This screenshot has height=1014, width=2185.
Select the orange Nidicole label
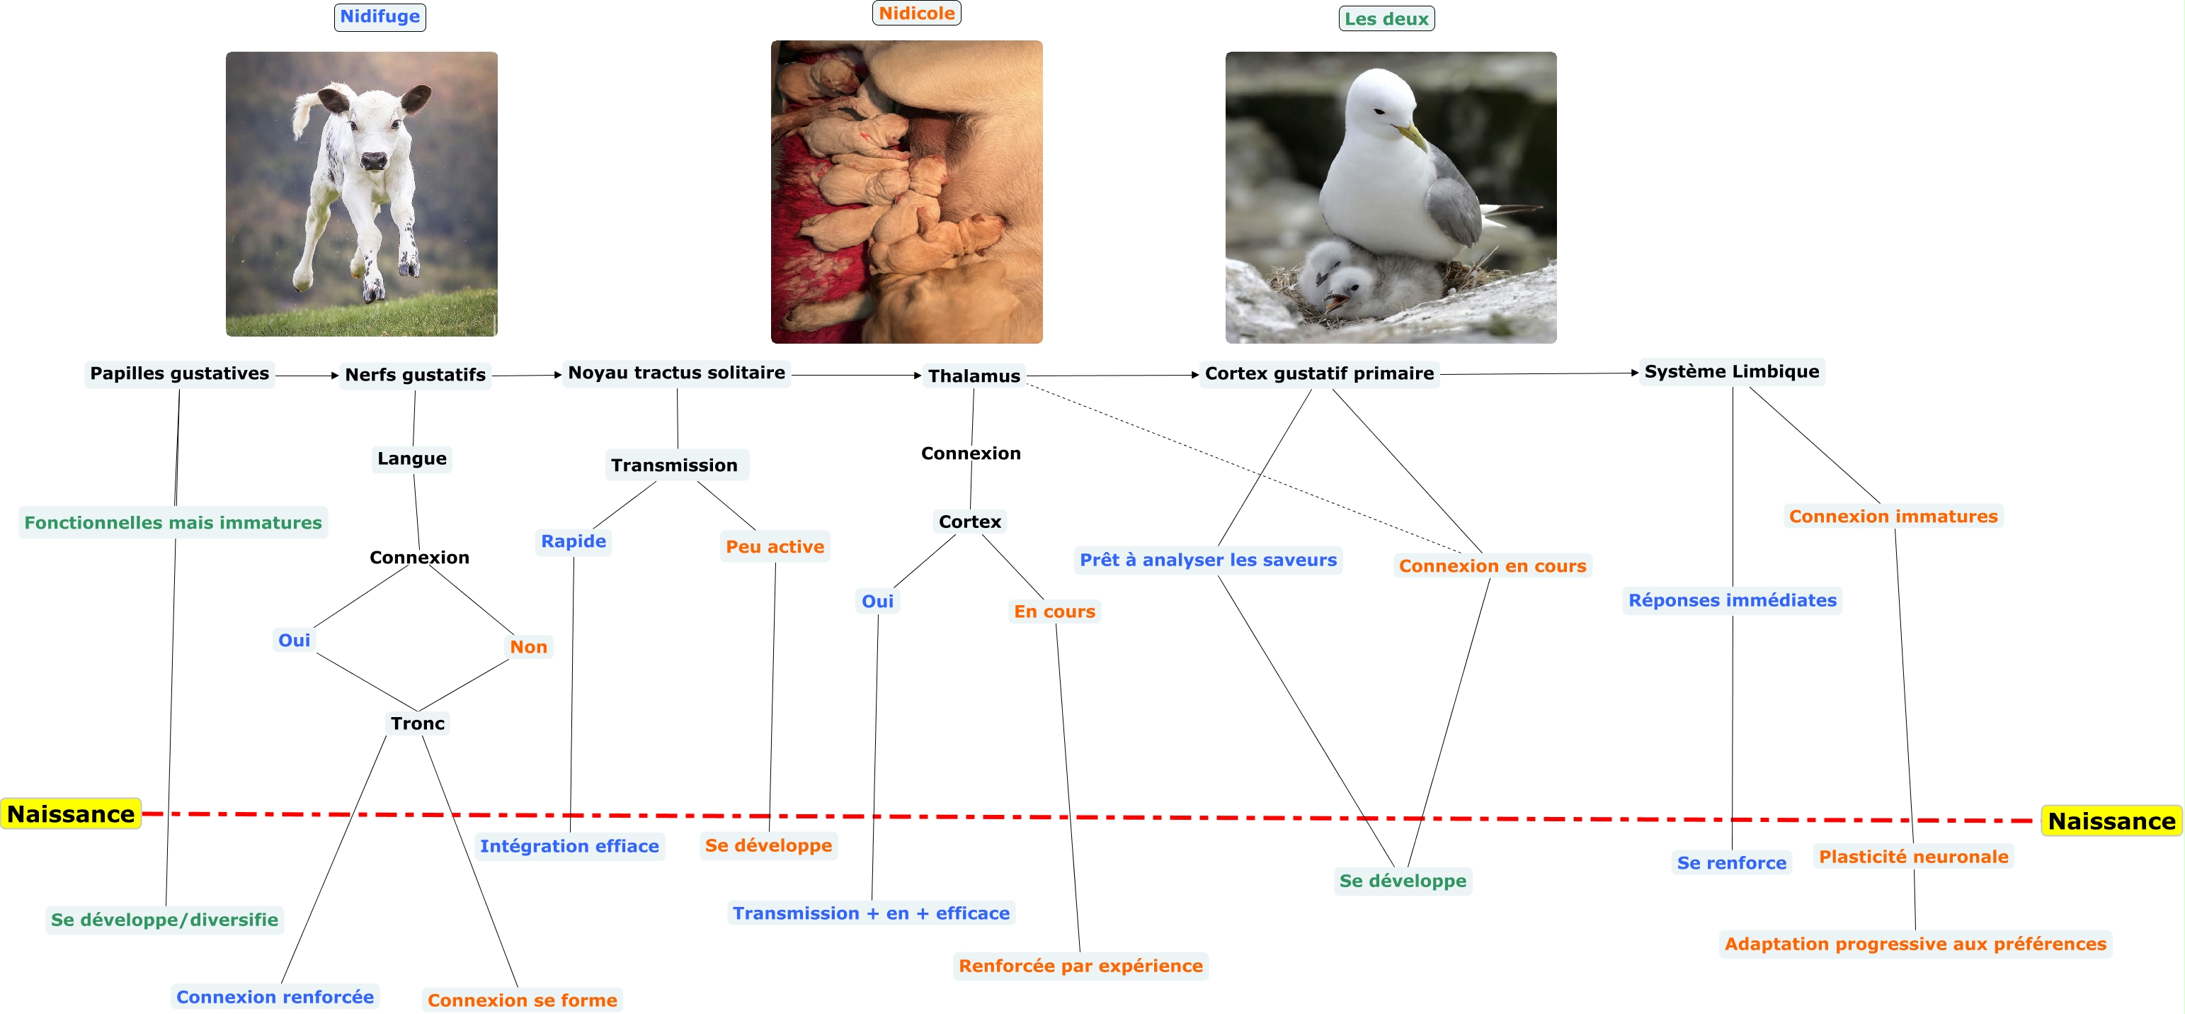pyautogui.click(x=916, y=13)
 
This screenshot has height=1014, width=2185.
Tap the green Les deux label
pyautogui.click(x=1386, y=18)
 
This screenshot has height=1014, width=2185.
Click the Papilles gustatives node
pyautogui.click(x=179, y=373)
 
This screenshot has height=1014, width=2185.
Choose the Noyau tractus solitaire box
pyautogui.click(x=676, y=373)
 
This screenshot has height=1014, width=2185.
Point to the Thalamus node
pyautogui.click(x=974, y=376)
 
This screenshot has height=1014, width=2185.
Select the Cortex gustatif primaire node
pyautogui.click(x=1319, y=373)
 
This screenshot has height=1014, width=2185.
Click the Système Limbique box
pyautogui.click(x=1731, y=372)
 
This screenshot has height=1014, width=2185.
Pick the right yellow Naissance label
pyautogui.click(x=2111, y=821)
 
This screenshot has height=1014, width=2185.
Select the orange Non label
pyautogui.click(x=528, y=646)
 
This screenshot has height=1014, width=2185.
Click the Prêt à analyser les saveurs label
pyautogui.click(x=1208, y=560)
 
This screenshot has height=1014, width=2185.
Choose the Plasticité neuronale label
pyautogui.click(x=1914, y=857)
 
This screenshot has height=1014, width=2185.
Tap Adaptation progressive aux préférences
pyautogui.click(x=1915, y=944)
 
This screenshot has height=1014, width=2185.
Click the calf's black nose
pyautogui.click(x=374, y=159)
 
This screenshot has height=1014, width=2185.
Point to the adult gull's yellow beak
pyautogui.click(x=1411, y=136)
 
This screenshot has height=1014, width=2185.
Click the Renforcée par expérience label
pyautogui.click(x=1080, y=966)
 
